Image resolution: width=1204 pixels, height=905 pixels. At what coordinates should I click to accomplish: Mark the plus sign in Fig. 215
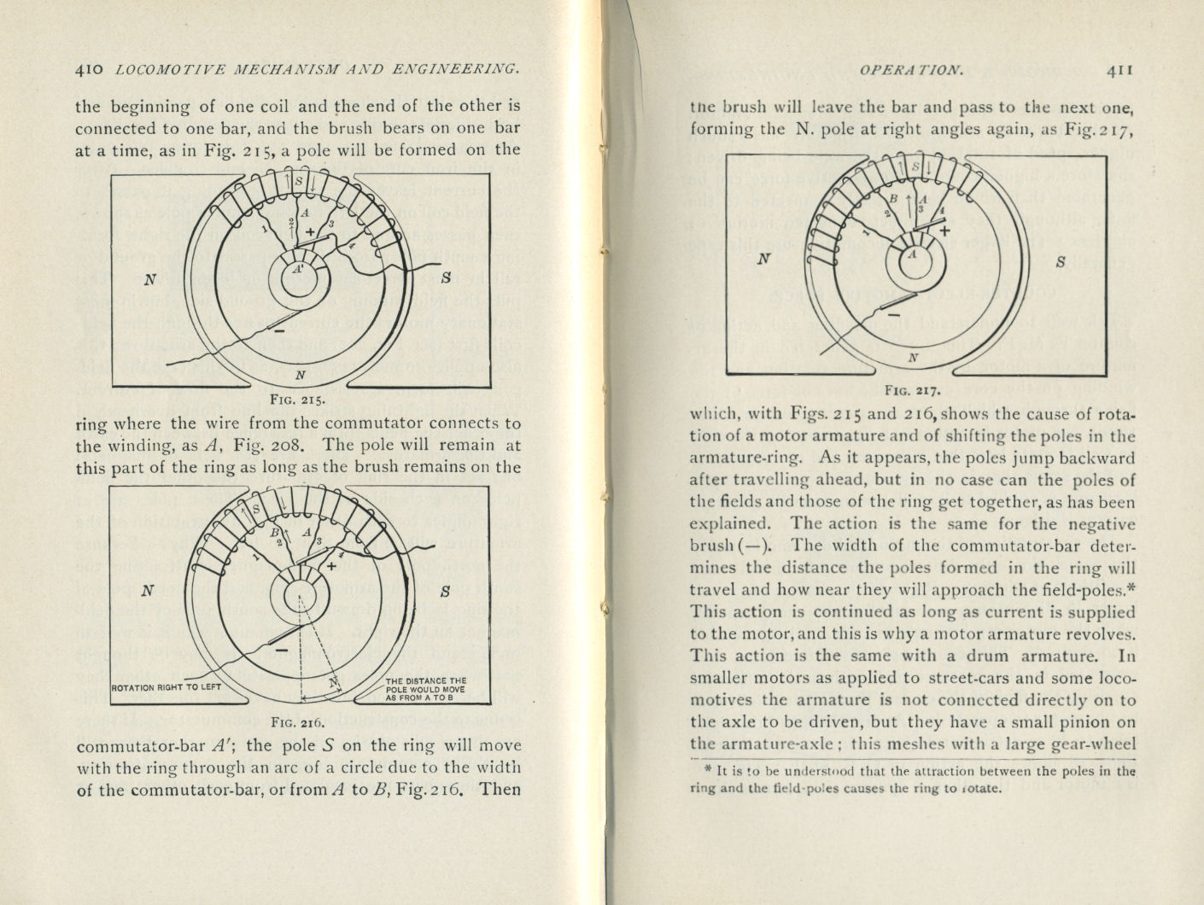[x=310, y=232]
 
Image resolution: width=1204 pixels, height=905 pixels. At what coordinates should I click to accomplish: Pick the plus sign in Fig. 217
[x=944, y=230]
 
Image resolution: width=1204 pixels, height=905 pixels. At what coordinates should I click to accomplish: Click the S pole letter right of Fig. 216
[x=446, y=591]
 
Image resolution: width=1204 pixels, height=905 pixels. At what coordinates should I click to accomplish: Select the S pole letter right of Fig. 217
[x=1061, y=262]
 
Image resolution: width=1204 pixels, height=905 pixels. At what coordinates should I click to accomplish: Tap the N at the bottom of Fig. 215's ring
[x=300, y=375]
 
